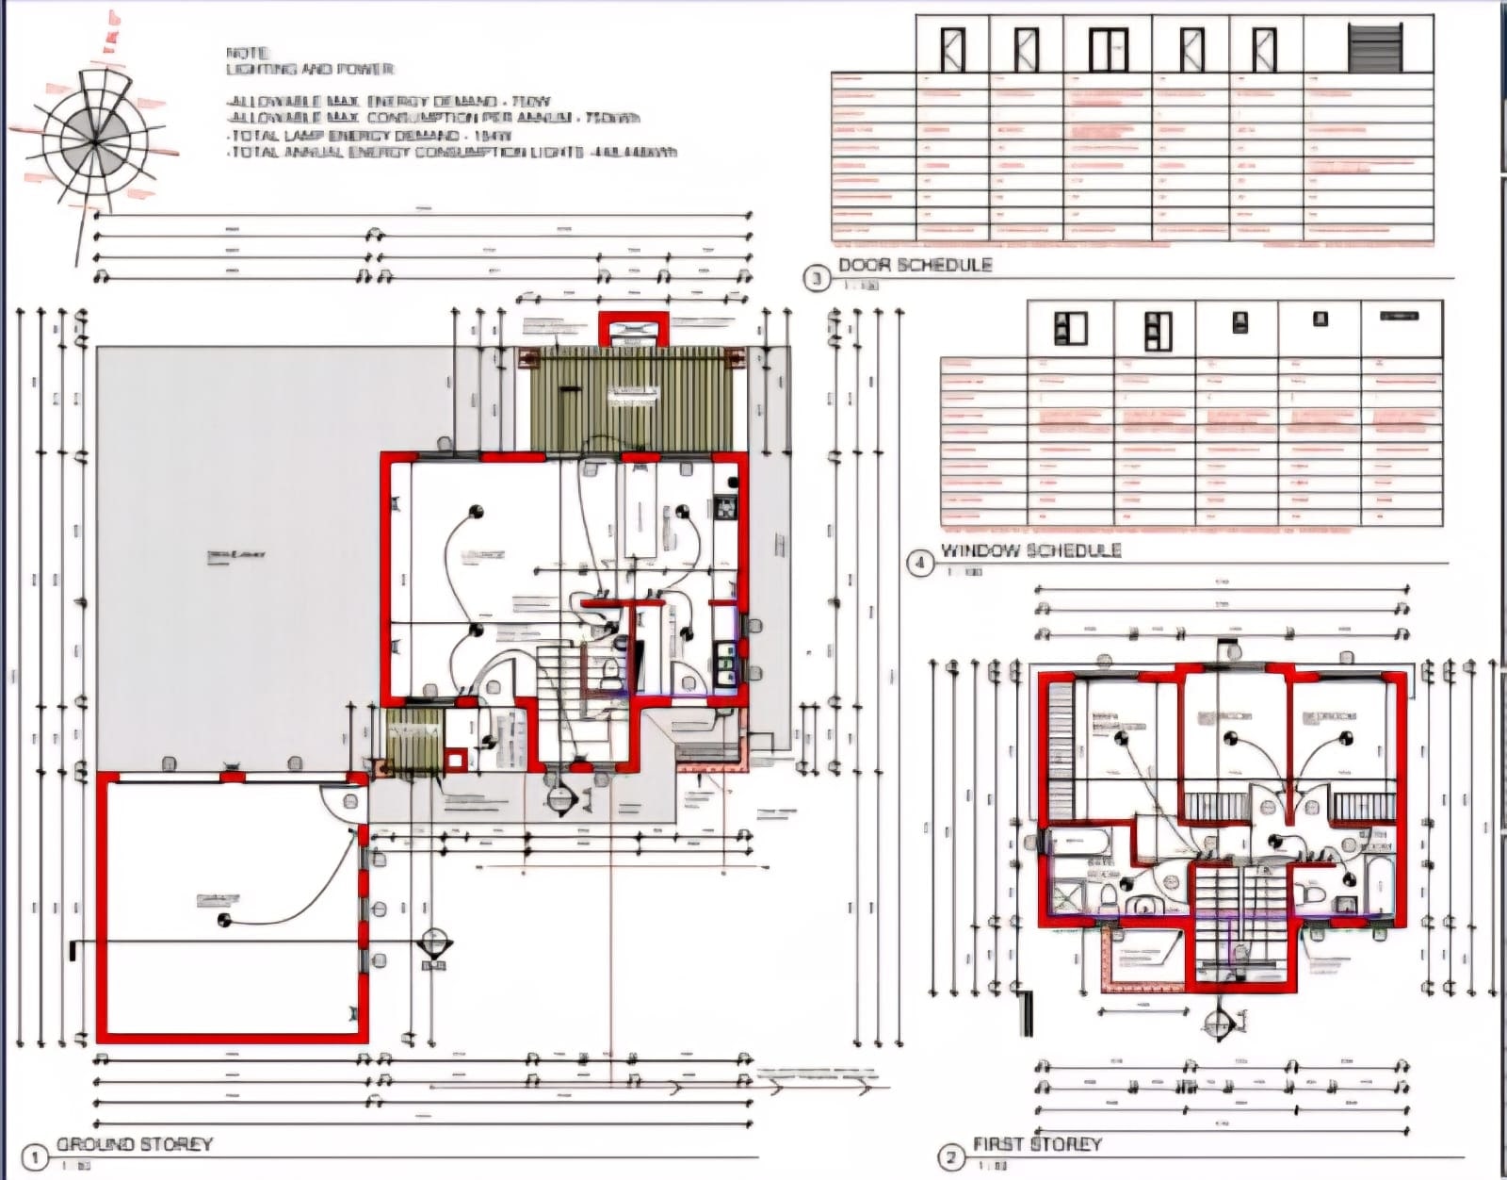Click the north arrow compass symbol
point(94,141)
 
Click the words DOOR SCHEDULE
point(915,265)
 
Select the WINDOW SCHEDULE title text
point(1030,550)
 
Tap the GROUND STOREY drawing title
point(135,1144)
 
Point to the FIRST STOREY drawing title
point(1036,1144)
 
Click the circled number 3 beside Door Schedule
point(816,278)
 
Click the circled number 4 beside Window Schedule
point(919,564)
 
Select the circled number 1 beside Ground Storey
point(34,1157)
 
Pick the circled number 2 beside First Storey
point(950,1157)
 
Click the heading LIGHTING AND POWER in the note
point(310,69)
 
